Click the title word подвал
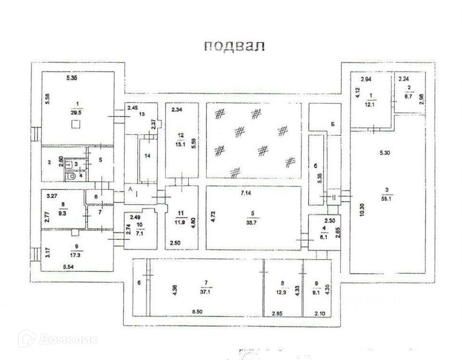(x=234, y=46)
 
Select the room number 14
(x=148, y=156)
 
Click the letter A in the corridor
(x=130, y=190)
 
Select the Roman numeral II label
(x=333, y=197)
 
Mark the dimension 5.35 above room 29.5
(x=71, y=77)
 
